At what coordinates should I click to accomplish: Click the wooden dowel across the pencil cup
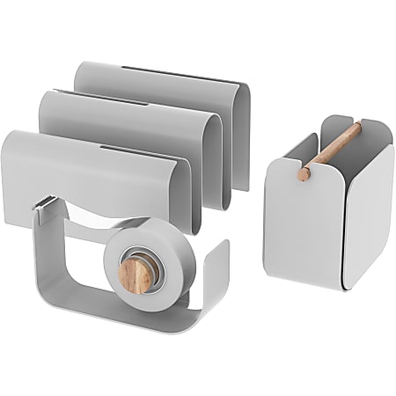[x=330, y=150]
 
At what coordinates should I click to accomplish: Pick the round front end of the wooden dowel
[x=304, y=173]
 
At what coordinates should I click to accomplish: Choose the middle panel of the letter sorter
[x=132, y=123]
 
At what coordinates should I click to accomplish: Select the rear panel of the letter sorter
[x=167, y=88]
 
